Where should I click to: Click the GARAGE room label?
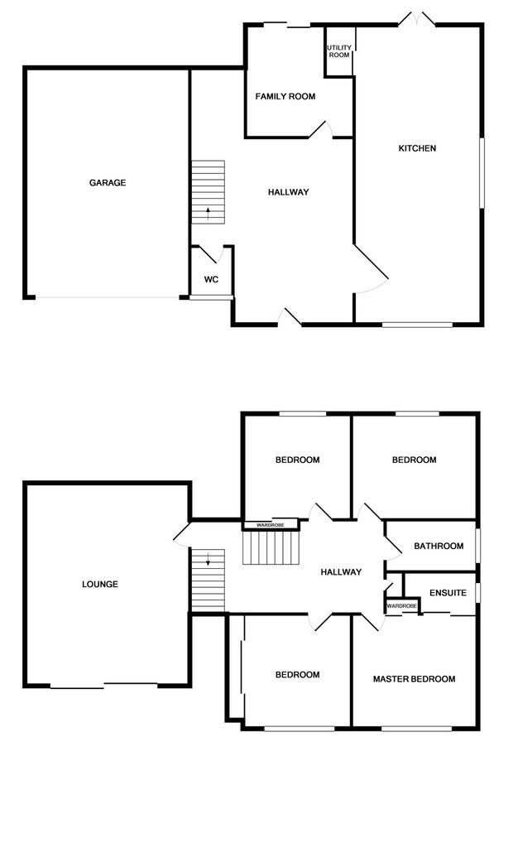[x=108, y=183]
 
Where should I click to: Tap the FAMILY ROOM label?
[x=285, y=96]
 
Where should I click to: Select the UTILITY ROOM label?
[x=339, y=51]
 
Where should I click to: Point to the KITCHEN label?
[x=417, y=148]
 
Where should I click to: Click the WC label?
[x=211, y=280]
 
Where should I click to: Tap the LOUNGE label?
[x=100, y=584]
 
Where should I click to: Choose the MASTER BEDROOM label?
[x=414, y=679]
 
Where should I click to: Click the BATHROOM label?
[x=439, y=547]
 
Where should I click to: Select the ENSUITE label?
[x=448, y=593]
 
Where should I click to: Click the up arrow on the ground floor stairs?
[x=209, y=213]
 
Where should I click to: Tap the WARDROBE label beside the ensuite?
[x=401, y=606]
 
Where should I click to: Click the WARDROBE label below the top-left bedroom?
[x=271, y=524]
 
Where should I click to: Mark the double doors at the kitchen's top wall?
[x=417, y=20]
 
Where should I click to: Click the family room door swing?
[x=321, y=128]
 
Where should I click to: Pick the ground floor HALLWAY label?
[x=289, y=192]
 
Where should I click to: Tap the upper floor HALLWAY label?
[x=341, y=572]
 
